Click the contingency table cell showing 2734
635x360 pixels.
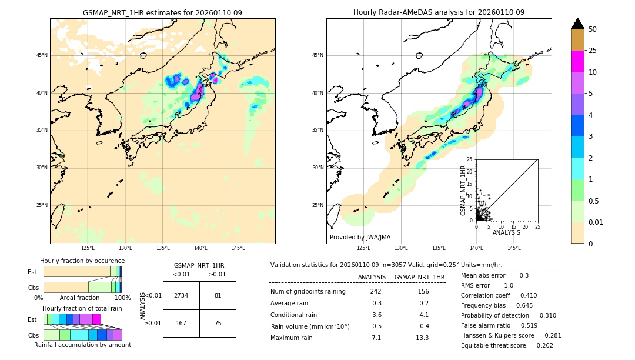coord(181,295)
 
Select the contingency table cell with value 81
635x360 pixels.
coord(218,295)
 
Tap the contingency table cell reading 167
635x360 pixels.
coord(181,323)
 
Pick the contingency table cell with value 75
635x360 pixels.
coord(218,323)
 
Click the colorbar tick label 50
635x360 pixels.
coord(593,29)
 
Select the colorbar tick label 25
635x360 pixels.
coord(593,51)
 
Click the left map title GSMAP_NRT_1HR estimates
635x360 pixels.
coord(162,12)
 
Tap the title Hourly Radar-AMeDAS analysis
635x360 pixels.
coord(439,12)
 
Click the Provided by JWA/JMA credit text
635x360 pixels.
coord(360,238)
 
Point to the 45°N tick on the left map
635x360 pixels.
coord(42,55)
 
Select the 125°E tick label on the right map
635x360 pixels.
coord(364,248)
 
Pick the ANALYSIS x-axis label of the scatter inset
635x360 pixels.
coord(506,233)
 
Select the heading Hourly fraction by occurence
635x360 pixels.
coord(82,261)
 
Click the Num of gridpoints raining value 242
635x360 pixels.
coord(376,292)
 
